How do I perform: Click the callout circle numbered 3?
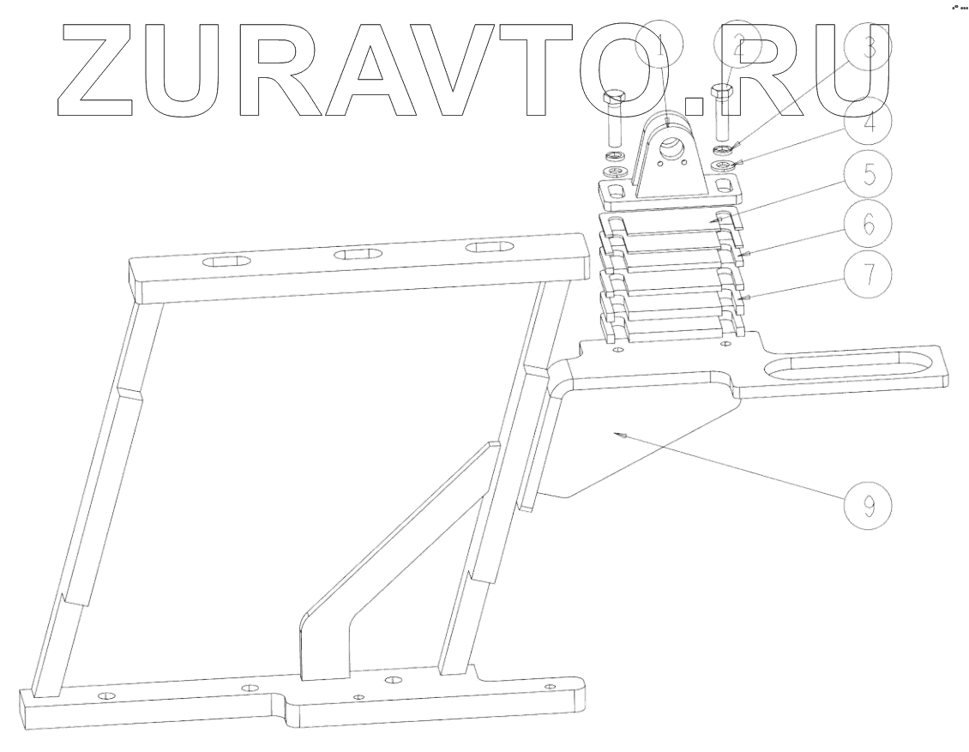(x=868, y=50)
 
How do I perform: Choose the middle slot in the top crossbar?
(x=359, y=254)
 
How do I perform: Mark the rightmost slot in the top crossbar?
(x=491, y=247)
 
